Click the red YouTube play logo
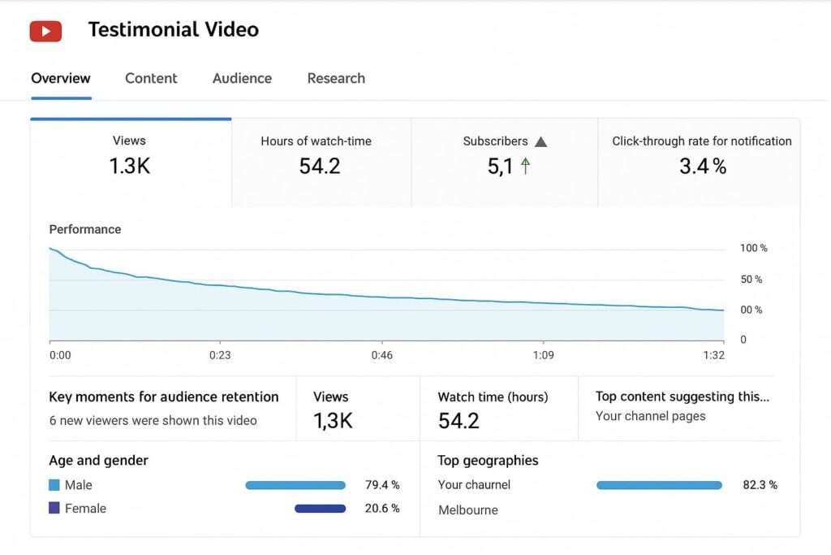coord(45,31)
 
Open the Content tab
coord(151,79)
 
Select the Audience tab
coord(242,79)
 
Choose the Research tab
coord(336,79)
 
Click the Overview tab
coord(61,79)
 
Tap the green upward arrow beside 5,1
coord(525,167)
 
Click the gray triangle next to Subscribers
coord(541,141)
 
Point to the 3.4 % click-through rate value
coord(702,167)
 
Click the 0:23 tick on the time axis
coord(220,355)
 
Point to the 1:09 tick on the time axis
coord(543,355)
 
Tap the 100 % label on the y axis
coord(753,248)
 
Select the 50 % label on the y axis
coord(752,280)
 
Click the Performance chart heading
coord(85,229)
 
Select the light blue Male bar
coord(295,485)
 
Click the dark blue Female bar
coord(320,509)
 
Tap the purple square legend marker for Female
coord(54,509)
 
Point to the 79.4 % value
coord(382,485)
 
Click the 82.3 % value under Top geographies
coord(760,485)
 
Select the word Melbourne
coord(468,510)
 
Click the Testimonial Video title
coord(174,30)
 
